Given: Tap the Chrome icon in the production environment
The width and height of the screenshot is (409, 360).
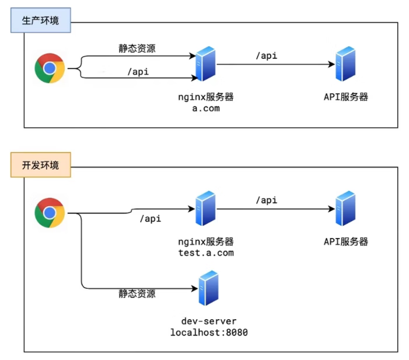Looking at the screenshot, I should [x=50, y=68].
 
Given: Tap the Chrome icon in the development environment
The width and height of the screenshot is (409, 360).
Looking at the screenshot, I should [x=50, y=212].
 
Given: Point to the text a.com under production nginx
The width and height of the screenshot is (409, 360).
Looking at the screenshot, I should [x=206, y=108].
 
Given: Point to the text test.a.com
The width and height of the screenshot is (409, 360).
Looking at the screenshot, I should [x=206, y=253].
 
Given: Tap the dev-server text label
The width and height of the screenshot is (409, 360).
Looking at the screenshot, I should [x=208, y=321].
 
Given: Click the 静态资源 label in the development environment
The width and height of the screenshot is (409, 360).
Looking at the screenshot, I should [x=137, y=294].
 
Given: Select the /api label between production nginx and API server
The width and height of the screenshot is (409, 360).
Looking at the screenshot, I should [x=266, y=56].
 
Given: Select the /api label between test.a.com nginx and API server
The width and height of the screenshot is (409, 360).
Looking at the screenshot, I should [x=266, y=200].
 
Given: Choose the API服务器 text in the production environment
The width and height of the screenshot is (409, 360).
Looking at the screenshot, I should [x=346, y=97].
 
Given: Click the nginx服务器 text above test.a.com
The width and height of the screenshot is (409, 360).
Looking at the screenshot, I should [x=206, y=241].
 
